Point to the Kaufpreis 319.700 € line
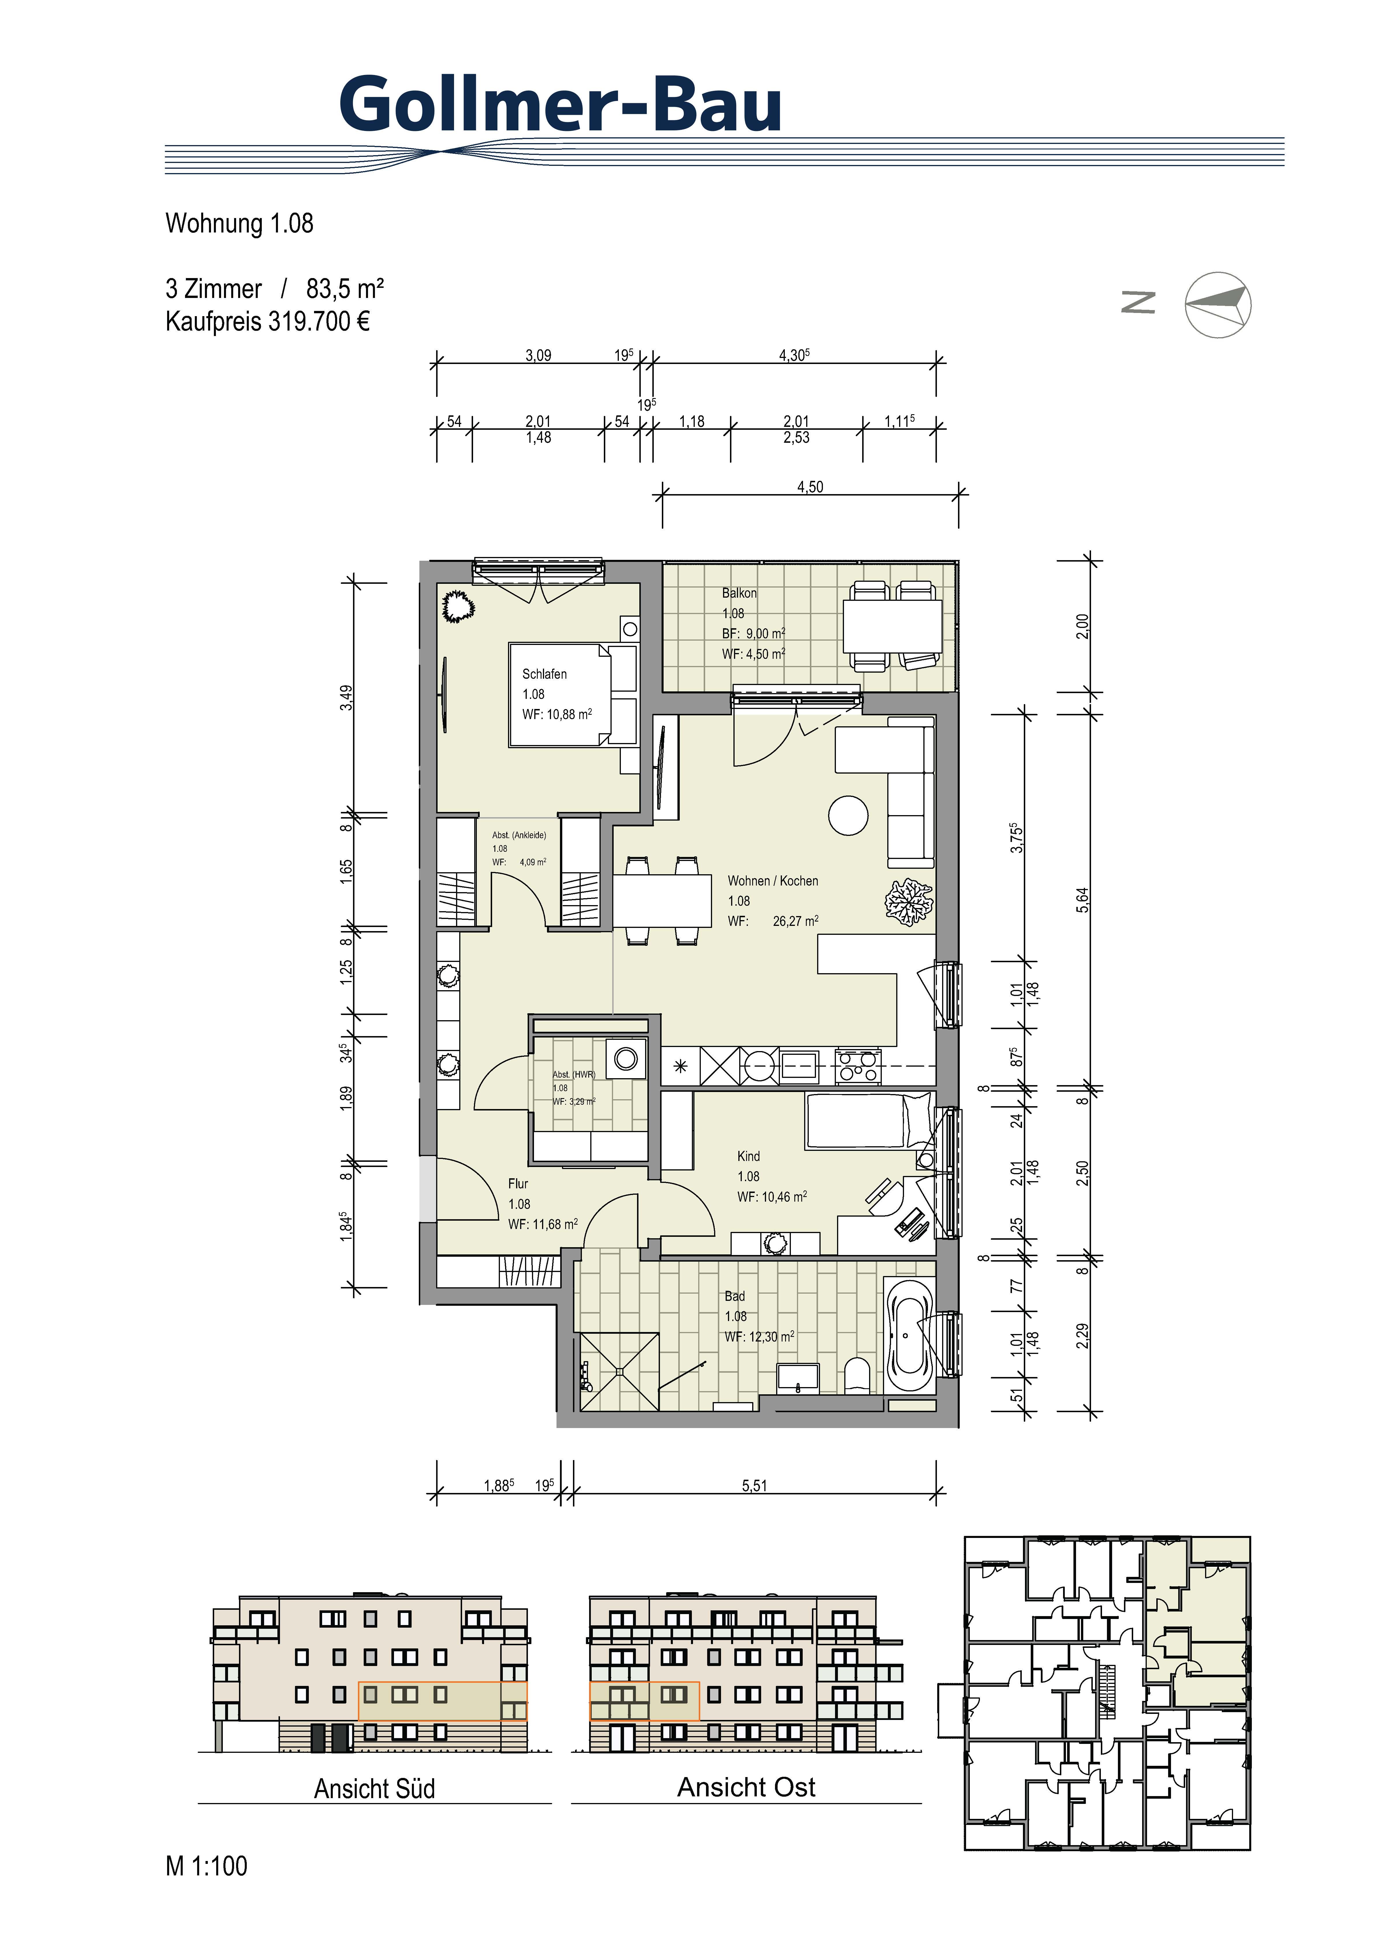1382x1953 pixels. click(267, 322)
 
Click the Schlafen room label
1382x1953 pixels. click(545, 674)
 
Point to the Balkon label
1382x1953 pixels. click(739, 593)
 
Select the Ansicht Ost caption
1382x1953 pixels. click(746, 1787)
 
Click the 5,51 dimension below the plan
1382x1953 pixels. click(754, 1486)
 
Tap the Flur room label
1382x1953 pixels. click(518, 1183)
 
